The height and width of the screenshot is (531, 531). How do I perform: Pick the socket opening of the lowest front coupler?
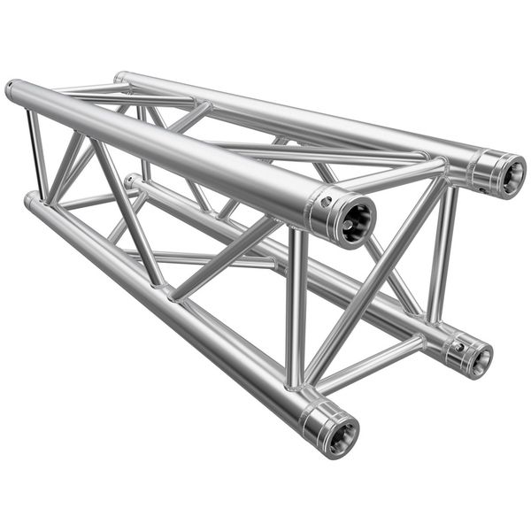pos(340,433)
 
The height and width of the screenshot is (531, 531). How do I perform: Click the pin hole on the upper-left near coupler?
pos(327,201)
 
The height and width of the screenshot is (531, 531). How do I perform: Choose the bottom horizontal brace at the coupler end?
pos(372,363)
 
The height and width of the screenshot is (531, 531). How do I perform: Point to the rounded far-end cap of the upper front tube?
pos(12,88)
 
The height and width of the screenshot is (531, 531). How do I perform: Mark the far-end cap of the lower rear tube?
pos(130,181)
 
